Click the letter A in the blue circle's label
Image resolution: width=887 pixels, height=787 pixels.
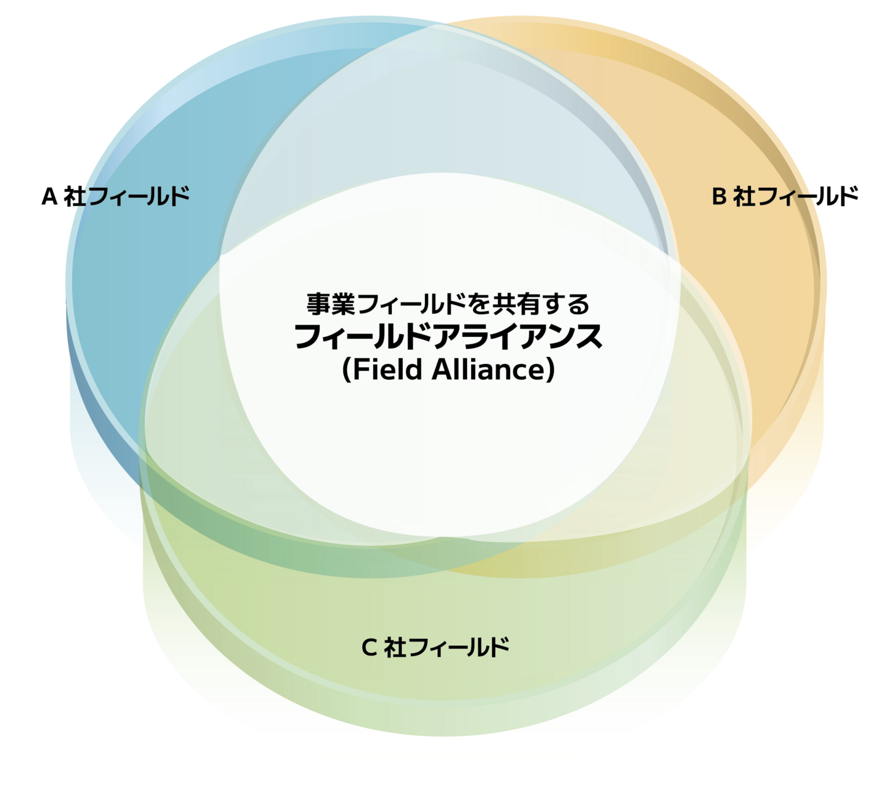tap(49, 196)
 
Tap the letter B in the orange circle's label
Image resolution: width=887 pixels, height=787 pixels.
tap(719, 196)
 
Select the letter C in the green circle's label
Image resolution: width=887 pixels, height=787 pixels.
tap(368, 647)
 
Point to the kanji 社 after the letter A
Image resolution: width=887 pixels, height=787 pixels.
tap(75, 196)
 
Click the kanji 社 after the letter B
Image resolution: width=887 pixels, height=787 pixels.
tap(744, 196)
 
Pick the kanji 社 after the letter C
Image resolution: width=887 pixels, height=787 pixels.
tap(395, 647)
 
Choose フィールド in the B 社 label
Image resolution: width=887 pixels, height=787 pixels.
tap(808, 196)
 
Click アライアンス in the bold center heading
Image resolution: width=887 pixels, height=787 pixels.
tap(517, 337)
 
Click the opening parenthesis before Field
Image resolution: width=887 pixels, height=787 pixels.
tap(347, 370)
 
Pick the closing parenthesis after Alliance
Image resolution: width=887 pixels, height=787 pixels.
tap(550, 370)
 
